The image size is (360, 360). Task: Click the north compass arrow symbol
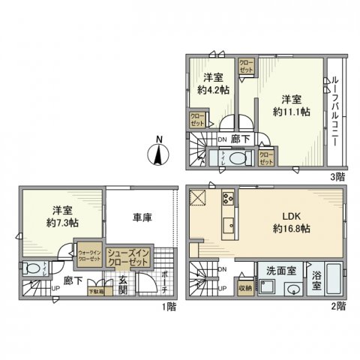(159, 154)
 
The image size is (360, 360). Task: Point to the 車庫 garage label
(142, 218)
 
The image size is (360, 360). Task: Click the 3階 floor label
(337, 177)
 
